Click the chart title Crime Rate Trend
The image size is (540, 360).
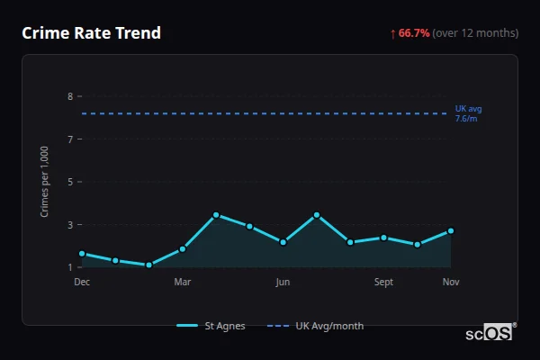[x=91, y=33]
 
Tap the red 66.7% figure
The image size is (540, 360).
[x=414, y=33]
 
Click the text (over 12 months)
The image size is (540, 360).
[x=475, y=33]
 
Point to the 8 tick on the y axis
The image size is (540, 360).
[x=69, y=96]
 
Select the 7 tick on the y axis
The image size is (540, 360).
[x=69, y=139]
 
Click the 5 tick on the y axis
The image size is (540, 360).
[x=69, y=182]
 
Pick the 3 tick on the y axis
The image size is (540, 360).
[x=69, y=224]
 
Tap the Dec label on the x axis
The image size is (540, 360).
[x=82, y=282]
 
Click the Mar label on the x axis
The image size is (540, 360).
[x=182, y=282]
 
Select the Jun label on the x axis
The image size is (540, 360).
[x=283, y=282]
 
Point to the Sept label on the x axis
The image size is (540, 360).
[x=383, y=282]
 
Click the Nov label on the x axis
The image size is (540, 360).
[x=451, y=282]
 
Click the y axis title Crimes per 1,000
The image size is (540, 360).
[x=44, y=182]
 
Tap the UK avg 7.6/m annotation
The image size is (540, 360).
[x=468, y=113]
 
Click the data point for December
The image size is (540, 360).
[x=82, y=254]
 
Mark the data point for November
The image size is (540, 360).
[x=451, y=231]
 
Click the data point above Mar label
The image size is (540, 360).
[x=183, y=248]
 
